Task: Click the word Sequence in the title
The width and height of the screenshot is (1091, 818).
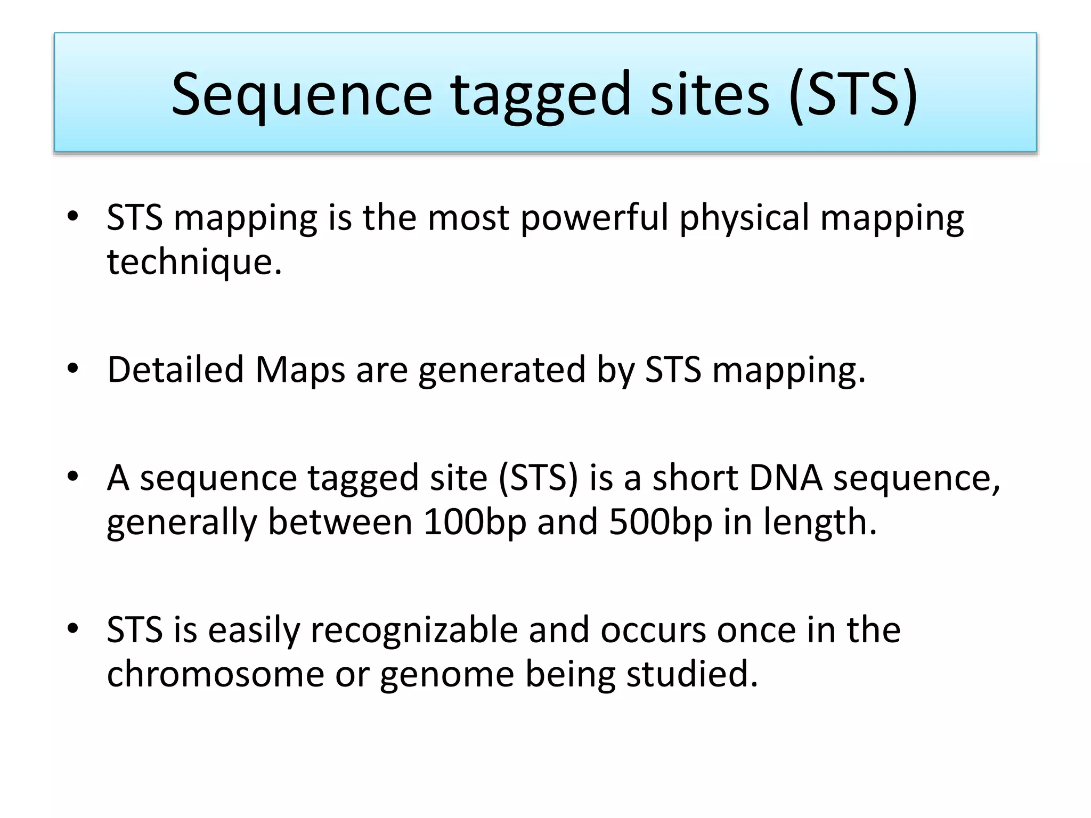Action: pyautogui.click(x=302, y=95)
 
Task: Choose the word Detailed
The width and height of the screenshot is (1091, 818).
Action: pyautogui.click(x=175, y=370)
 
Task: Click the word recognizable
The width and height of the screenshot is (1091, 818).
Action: pyautogui.click(x=414, y=630)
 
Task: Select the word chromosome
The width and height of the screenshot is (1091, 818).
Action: pyautogui.click(x=215, y=674)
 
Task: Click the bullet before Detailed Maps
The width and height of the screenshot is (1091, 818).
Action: pyautogui.click(x=73, y=369)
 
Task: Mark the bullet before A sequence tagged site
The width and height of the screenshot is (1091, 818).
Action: pyautogui.click(x=73, y=476)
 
